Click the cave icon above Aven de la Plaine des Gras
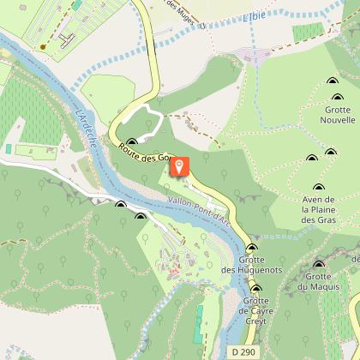(x=319, y=189)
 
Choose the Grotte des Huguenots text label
(x=251, y=266)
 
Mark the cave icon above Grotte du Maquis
(x=319, y=264)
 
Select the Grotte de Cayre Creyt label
(x=255, y=307)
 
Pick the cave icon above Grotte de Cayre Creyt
(x=255, y=289)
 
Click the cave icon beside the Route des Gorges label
(x=132, y=142)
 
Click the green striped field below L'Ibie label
(x=309, y=33)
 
